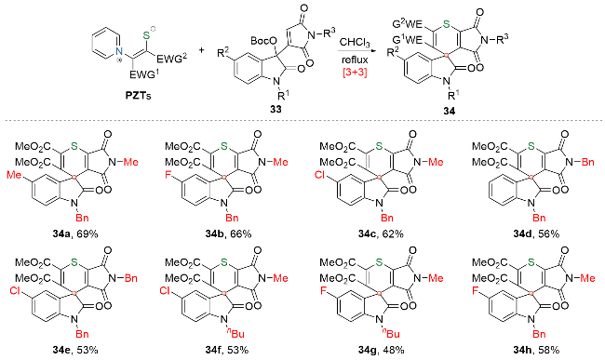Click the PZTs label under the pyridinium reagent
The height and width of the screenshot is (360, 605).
(138, 95)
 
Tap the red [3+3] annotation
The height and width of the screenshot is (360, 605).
(355, 72)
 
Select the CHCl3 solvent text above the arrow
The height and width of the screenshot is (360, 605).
(355, 43)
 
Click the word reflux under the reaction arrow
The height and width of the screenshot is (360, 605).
(355, 60)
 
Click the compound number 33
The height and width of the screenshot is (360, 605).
(276, 109)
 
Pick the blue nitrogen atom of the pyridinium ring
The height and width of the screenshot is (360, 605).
(120, 50)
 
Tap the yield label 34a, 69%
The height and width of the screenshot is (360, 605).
(75, 233)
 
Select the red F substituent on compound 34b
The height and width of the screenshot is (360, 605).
(168, 176)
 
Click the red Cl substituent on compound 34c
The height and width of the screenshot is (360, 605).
(320, 176)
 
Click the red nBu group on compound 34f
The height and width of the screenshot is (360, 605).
(235, 333)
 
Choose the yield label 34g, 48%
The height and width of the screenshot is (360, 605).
(381, 350)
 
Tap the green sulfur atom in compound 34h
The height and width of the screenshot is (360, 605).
(531, 262)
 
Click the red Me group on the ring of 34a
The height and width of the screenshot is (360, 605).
(14, 176)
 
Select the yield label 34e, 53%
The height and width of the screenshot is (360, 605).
(75, 350)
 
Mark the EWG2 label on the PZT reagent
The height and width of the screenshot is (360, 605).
(171, 59)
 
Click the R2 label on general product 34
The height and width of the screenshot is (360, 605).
(394, 52)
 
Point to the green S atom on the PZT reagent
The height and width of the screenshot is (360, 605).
(146, 35)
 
